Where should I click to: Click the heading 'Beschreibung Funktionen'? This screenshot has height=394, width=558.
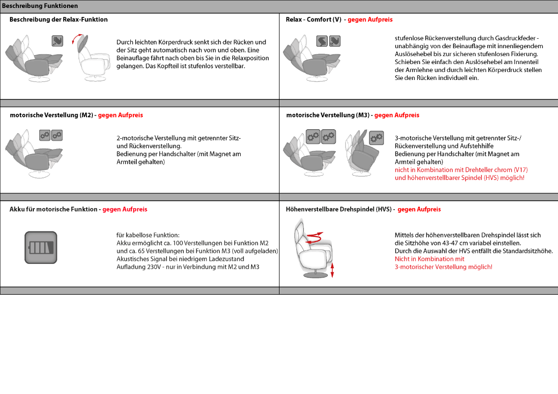[x=40, y=6]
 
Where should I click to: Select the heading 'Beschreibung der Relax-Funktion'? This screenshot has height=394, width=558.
[x=58, y=19]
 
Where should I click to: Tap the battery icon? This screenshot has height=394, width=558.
[x=41, y=247]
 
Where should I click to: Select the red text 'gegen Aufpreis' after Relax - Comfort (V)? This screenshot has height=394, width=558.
[x=370, y=19]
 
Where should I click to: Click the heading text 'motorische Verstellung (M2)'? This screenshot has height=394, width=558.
[x=51, y=115]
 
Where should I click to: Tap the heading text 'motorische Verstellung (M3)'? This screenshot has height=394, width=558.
[x=328, y=115]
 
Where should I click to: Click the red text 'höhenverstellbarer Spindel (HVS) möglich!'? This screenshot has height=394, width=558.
[x=459, y=178]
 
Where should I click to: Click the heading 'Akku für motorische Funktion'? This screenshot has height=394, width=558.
[x=53, y=209]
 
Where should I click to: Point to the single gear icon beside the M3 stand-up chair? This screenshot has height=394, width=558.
[x=377, y=138]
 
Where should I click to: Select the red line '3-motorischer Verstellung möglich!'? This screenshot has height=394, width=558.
[x=443, y=267]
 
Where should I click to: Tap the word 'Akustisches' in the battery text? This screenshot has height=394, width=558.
[x=133, y=259]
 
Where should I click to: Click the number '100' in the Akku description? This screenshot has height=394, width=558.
[x=178, y=243]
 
